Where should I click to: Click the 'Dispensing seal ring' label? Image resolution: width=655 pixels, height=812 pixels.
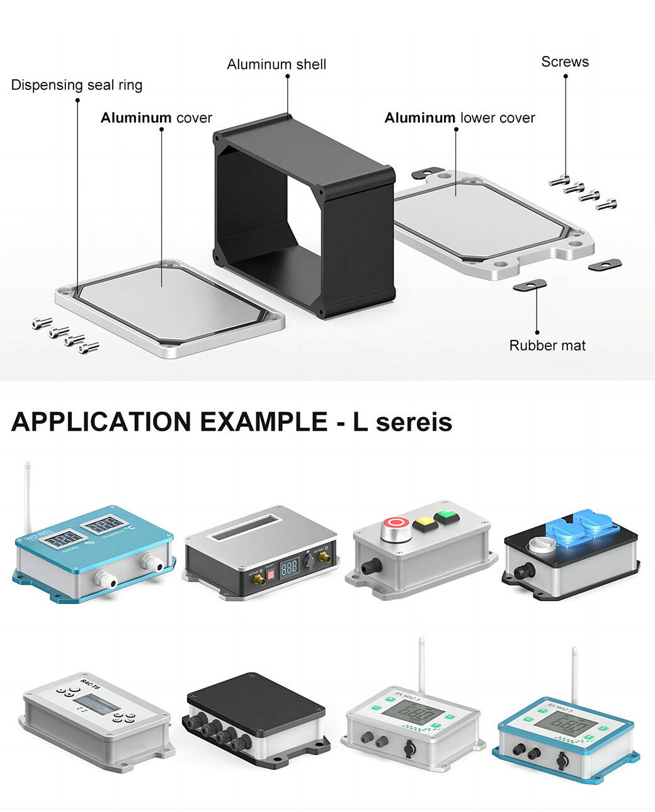[x=77, y=85]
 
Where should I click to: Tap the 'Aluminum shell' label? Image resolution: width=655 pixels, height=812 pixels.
[x=276, y=64]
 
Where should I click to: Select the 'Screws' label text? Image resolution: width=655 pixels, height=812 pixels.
[x=565, y=62]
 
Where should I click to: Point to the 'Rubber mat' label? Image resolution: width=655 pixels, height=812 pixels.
[x=547, y=346]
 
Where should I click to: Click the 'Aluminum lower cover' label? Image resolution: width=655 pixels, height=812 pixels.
[x=460, y=118]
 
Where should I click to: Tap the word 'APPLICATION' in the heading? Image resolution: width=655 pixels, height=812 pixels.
[x=101, y=422]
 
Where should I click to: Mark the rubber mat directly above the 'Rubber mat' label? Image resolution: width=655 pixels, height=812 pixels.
[x=530, y=285]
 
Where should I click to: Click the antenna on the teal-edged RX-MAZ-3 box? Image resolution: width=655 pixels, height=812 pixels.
[x=574, y=674]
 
